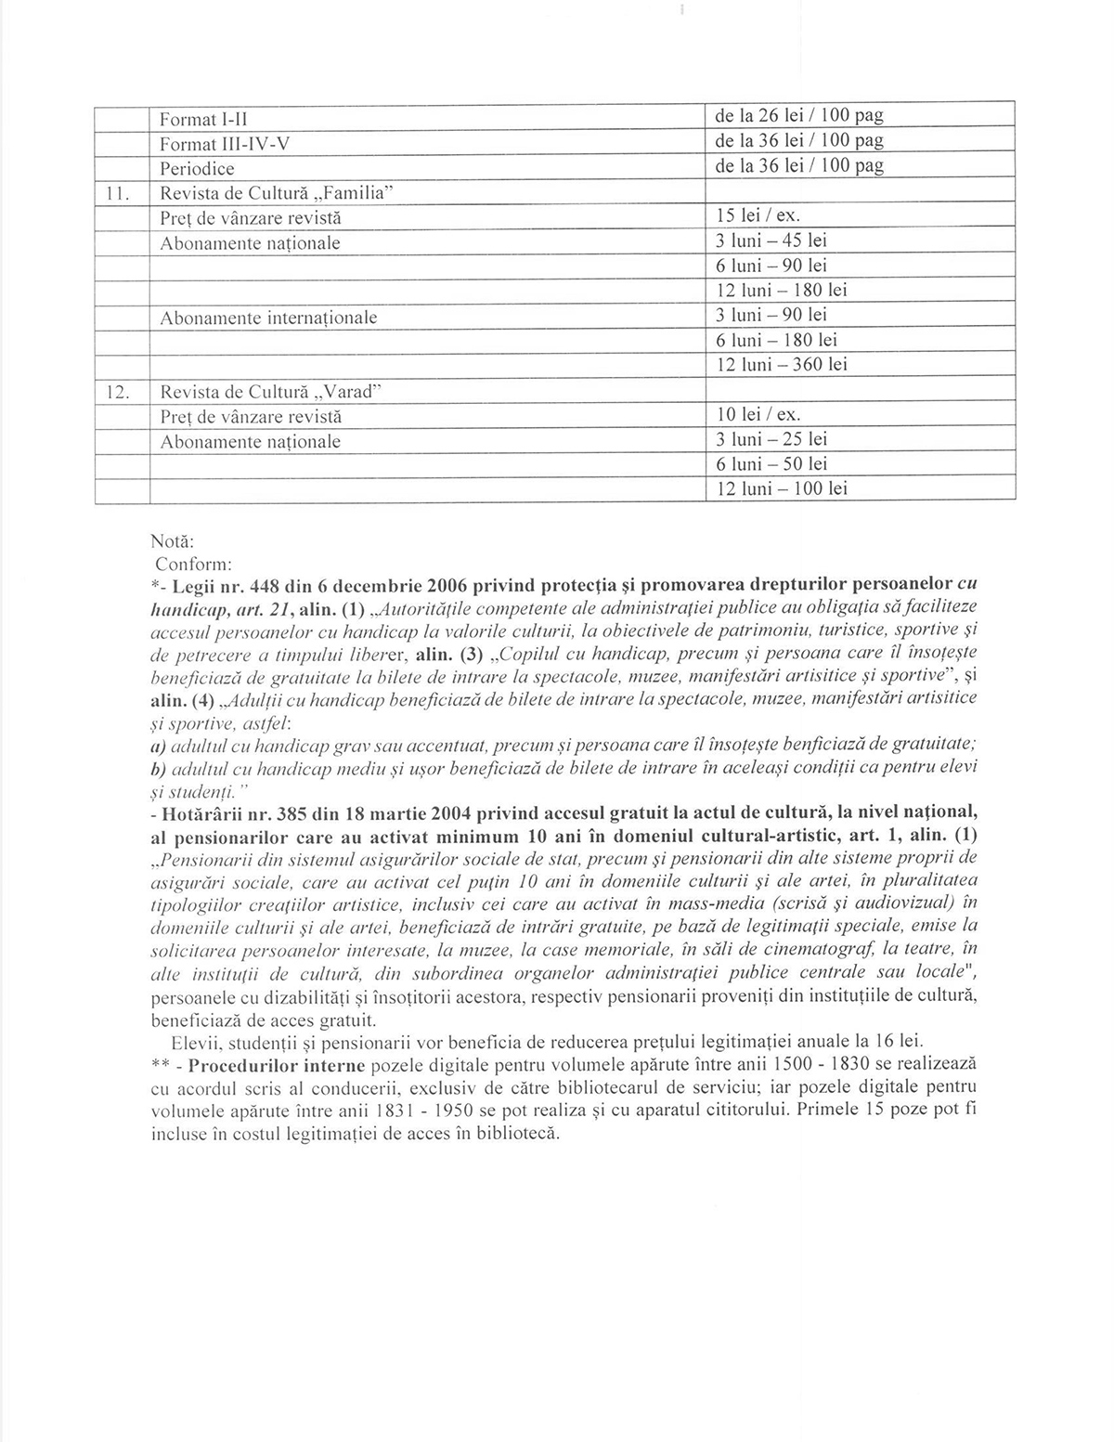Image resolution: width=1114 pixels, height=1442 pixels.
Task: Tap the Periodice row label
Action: pyautogui.click(x=197, y=169)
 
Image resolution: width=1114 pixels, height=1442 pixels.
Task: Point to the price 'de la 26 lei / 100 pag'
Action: pyautogui.click(x=798, y=116)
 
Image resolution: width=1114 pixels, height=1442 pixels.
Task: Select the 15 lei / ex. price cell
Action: pyautogui.click(x=758, y=215)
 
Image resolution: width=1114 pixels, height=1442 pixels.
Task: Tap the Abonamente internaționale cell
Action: pyautogui.click(x=268, y=318)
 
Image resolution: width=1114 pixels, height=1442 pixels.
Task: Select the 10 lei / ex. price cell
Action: pyautogui.click(x=758, y=414)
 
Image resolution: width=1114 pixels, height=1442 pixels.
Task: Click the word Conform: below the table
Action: pyautogui.click(x=186, y=564)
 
